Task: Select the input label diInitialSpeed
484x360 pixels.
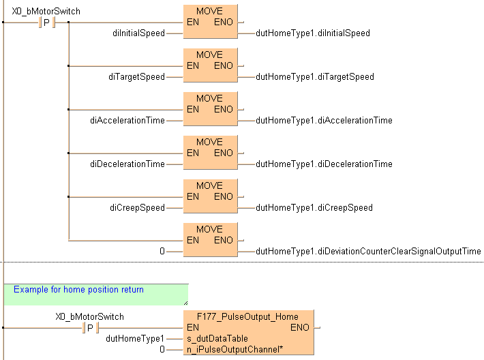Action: (138, 33)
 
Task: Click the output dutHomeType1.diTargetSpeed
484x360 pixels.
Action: (314, 77)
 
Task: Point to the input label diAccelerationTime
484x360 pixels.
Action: (127, 121)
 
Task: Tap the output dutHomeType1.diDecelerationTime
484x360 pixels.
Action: (324, 164)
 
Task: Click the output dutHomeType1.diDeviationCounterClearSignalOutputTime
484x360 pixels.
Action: (368, 252)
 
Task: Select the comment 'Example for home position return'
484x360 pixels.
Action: (78, 290)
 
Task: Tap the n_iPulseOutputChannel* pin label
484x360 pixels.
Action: (230, 349)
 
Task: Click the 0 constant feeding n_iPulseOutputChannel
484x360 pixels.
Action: (162, 349)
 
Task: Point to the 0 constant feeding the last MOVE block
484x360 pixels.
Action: (162, 252)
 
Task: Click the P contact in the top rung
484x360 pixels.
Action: (46, 22)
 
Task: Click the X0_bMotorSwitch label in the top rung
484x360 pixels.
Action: (46, 11)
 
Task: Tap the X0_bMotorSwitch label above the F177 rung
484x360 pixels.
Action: (89, 316)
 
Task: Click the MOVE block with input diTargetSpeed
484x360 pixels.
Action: (210, 66)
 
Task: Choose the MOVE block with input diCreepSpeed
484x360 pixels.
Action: (210, 197)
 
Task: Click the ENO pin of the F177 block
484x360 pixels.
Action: (299, 327)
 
